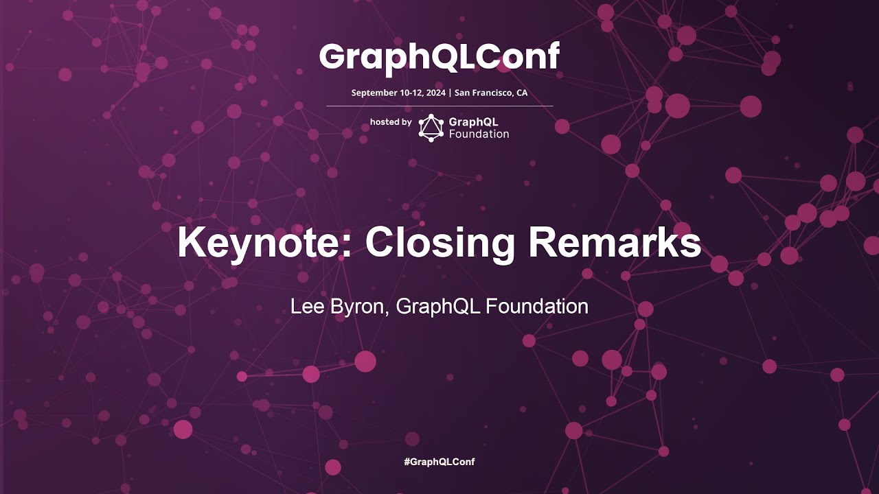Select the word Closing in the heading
(440, 242)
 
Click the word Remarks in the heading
(614, 242)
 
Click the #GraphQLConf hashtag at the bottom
(439, 462)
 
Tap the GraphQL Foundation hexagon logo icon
(431, 128)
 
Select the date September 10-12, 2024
(398, 93)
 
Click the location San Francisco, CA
(491, 93)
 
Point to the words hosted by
(391, 122)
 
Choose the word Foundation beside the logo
(479, 134)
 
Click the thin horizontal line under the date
(439, 106)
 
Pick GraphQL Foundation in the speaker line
(492, 306)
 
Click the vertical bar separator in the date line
(450, 93)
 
